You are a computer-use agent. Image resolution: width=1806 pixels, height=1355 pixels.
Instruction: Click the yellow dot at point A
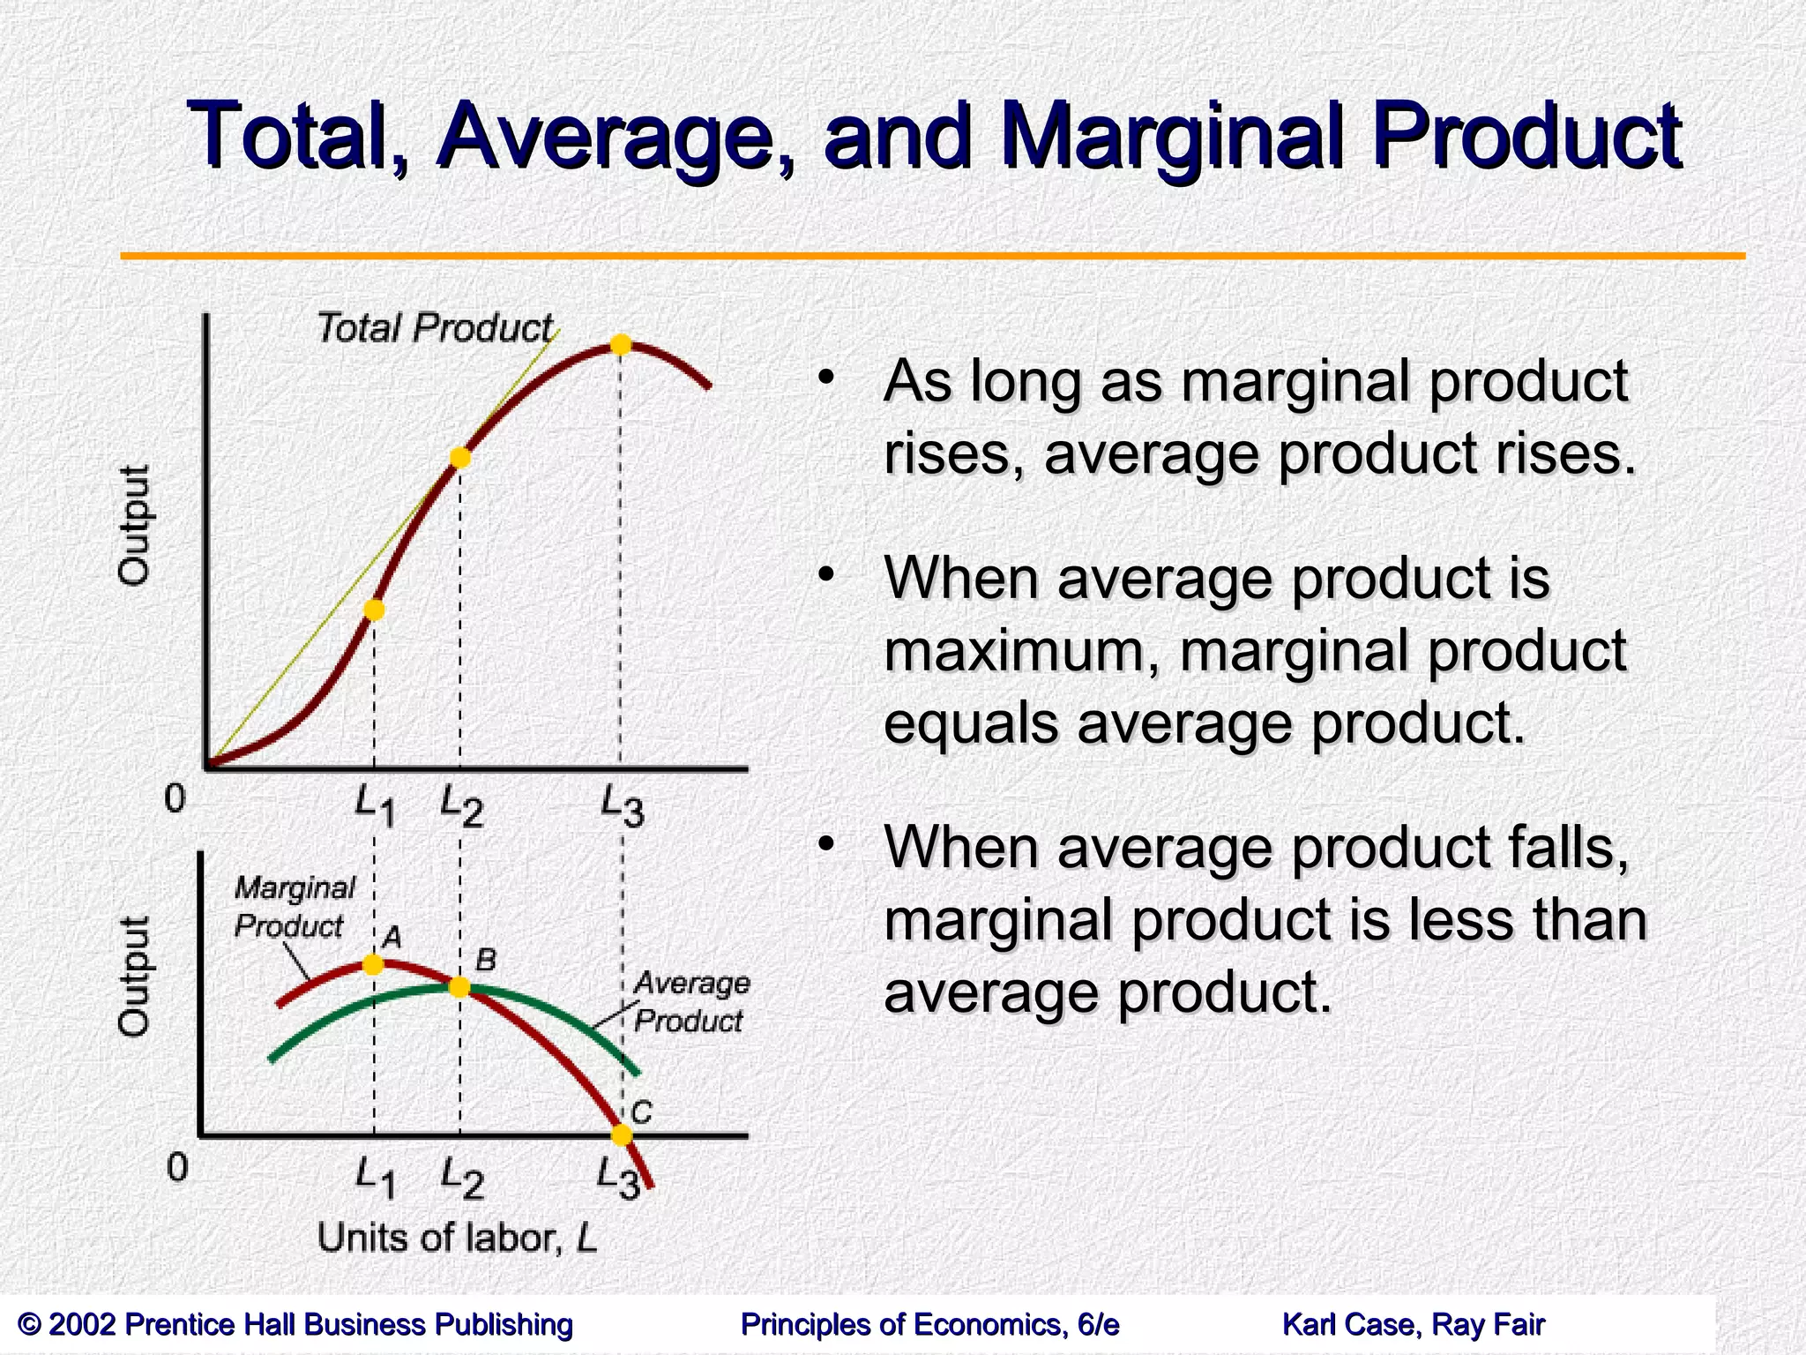point(374,964)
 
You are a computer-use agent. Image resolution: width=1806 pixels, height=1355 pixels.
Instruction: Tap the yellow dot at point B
point(459,986)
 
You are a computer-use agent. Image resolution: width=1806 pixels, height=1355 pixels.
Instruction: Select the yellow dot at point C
point(622,1134)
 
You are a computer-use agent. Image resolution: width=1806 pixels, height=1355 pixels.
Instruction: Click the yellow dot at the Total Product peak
point(621,345)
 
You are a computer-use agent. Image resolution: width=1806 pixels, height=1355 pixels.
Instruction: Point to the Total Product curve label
point(434,328)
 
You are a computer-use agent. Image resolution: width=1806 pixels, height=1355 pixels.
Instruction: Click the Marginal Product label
point(293,907)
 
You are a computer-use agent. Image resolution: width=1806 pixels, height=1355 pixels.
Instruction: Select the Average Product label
point(690,1001)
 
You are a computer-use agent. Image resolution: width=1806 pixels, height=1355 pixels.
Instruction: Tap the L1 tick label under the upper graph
point(374,805)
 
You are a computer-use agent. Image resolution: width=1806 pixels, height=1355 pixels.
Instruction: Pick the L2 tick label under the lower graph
point(462,1177)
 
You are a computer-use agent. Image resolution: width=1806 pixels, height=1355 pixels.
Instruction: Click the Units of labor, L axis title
point(457,1238)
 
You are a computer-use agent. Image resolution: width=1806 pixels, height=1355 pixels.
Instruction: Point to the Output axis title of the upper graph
point(134,525)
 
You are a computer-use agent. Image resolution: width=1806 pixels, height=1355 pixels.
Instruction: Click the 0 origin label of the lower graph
point(177,1167)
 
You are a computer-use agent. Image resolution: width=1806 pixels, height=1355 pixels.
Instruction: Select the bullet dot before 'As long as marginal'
point(825,378)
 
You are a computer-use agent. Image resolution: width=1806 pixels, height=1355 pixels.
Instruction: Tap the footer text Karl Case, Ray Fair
point(1413,1324)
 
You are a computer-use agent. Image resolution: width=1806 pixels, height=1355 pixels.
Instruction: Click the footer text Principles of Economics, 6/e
point(929,1324)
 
